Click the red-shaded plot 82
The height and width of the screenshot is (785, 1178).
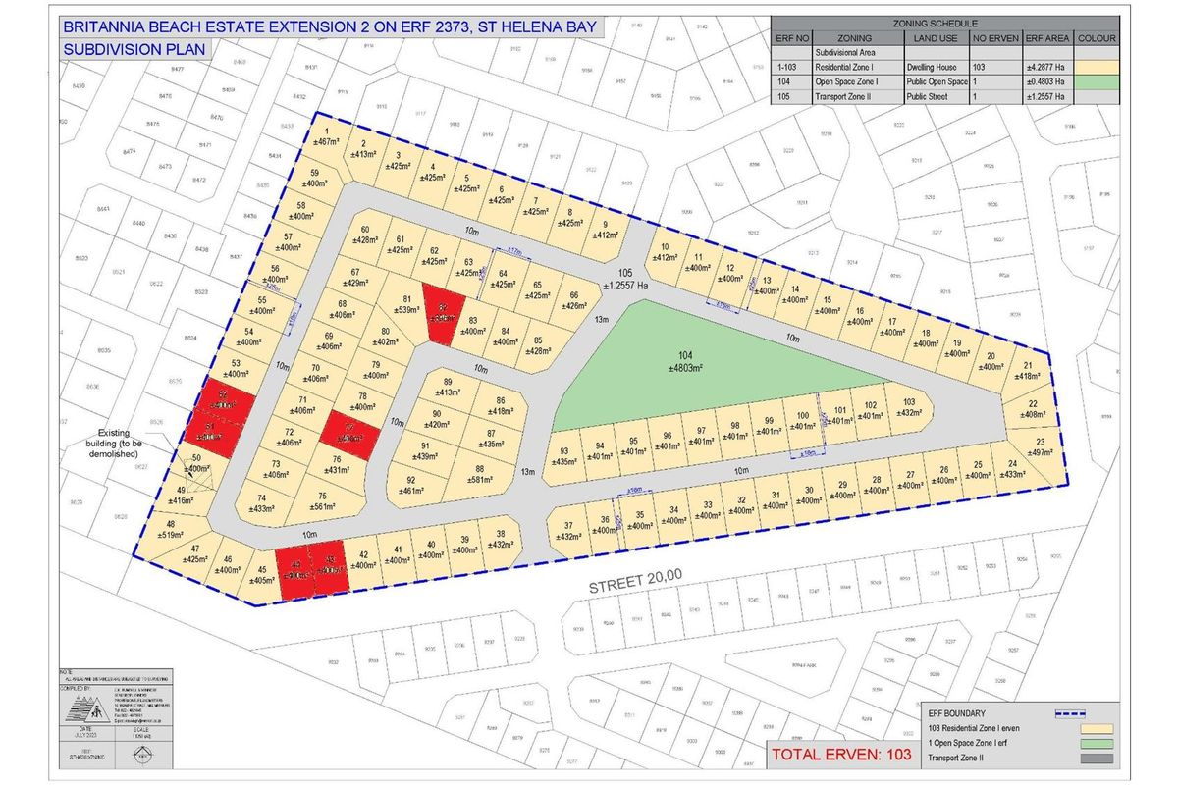click(x=443, y=314)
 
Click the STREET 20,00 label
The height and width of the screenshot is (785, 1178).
click(x=635, y=583)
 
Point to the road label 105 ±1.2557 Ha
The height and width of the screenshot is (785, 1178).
click(x=619, y=279)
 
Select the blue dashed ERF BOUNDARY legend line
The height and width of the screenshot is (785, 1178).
click(x=1076, y=713)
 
